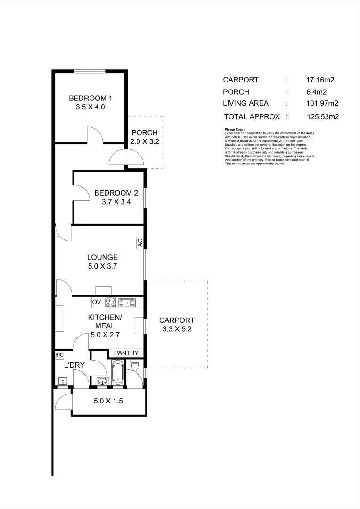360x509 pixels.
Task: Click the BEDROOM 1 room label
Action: click(x=90, y=98)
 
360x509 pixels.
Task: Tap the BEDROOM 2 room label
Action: click(x=116, y=193)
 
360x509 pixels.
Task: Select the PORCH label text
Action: click(x=144, y=132)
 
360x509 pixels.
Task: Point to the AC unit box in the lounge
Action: click(x=140, y=243)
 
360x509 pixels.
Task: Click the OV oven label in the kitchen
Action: click(x=97, y=302)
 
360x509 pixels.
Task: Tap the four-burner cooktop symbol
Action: click(x=110, y=303)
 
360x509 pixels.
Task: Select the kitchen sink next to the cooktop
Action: click(x=127, y=303)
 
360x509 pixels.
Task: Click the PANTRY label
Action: click(x=126, y=353)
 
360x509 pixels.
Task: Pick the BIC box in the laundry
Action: click(x=59, y=355)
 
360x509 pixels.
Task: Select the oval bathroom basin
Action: click(x=101, y=381)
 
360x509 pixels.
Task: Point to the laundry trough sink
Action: click(x=62, y=381)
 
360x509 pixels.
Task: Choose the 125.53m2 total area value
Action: click(x=323, y=116)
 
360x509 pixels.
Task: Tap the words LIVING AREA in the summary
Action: click(x=245, y=104)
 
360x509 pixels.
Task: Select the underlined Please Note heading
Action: click(x=234, y=129)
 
